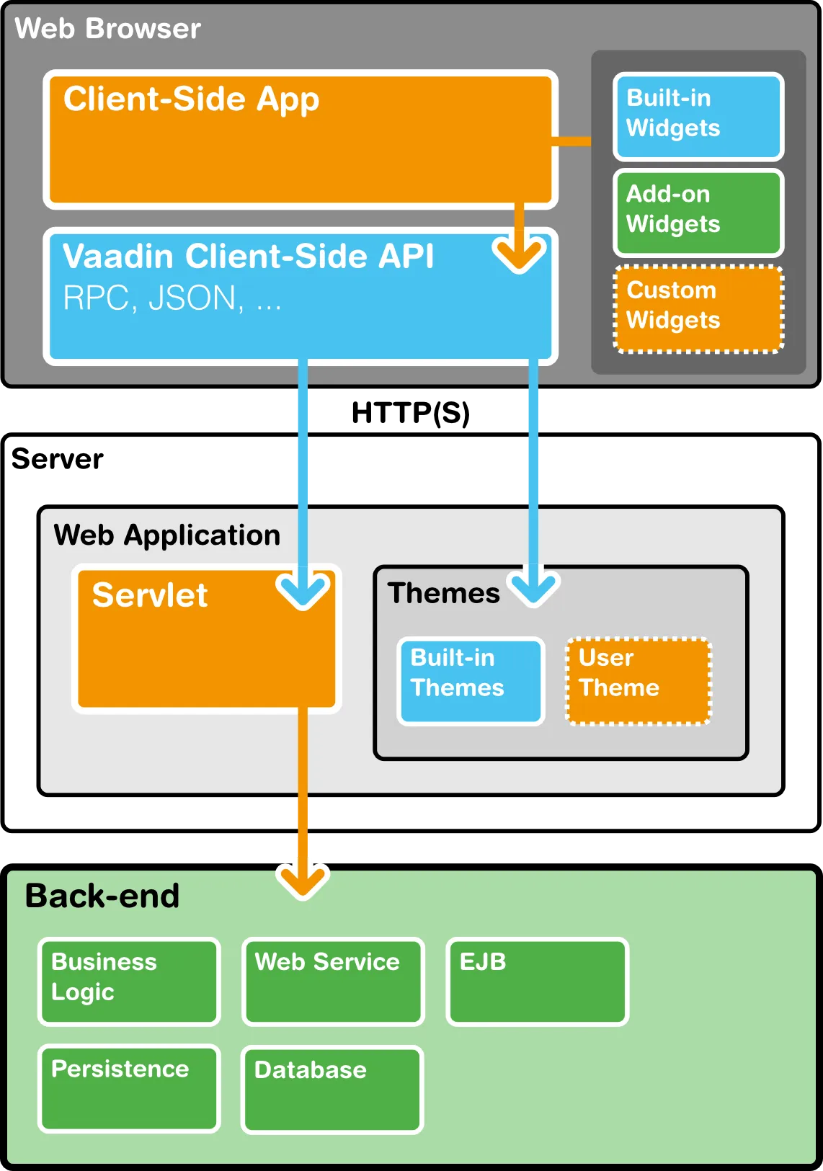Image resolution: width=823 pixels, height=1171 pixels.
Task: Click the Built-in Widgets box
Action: (698, 115)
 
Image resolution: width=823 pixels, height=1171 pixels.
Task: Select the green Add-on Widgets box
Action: (698, 212)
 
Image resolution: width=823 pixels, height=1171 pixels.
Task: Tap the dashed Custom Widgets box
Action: (698, 308)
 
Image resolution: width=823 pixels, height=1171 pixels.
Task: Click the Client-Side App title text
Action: (191, 99)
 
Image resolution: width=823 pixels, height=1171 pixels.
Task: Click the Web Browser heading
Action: (108, 29)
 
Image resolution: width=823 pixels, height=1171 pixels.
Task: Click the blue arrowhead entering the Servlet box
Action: (303, 591)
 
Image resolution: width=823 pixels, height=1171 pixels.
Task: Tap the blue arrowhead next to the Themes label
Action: (533, 587)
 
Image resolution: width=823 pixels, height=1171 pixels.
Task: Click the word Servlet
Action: (150, 595)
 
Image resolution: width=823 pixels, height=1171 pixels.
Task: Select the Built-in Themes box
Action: (471, 680)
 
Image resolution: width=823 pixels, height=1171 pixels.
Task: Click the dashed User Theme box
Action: (639, 680)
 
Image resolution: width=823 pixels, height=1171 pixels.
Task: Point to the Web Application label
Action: (167, 535)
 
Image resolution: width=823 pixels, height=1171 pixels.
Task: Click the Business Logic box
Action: (129, 981)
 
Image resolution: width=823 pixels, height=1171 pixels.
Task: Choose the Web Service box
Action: (333, 981)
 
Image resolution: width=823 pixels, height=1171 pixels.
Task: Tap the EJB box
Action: (537, 981)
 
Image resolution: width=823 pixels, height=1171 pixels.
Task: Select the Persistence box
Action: (129, 1088)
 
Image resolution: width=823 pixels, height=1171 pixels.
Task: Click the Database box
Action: (332, 1089)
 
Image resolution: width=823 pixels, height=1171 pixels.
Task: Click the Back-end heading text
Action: (102, 896)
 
